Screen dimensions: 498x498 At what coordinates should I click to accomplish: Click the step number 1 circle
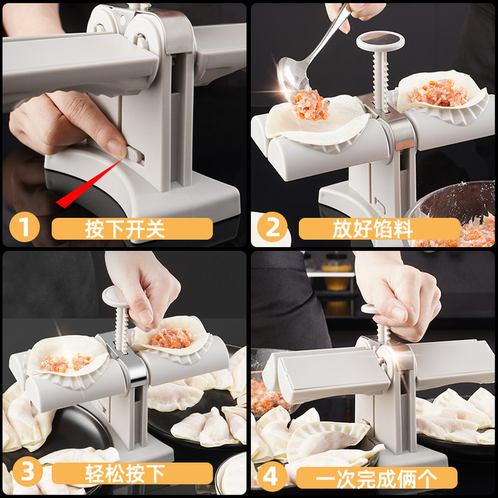(x=24, y=228)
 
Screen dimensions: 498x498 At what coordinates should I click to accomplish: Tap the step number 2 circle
(x=272, y=228)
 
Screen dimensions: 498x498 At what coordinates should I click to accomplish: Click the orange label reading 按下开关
(x=132, y=229)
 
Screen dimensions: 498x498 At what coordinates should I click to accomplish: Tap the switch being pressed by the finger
(x=135, y=154)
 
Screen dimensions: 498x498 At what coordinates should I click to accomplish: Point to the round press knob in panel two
(x=380, y=41)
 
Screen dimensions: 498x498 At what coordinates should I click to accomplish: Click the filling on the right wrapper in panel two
(x=438, y=94)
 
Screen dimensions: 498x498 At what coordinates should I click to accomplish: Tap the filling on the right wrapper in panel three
(x=172, y=338)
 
